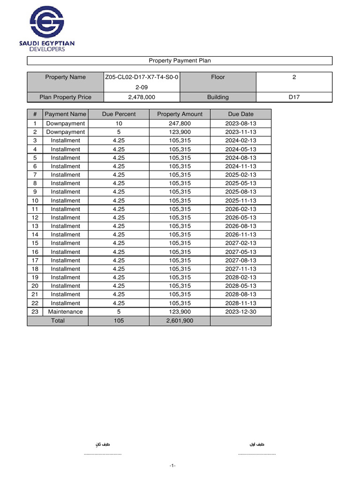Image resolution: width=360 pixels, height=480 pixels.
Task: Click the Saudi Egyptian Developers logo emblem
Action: click(x=46, y=22)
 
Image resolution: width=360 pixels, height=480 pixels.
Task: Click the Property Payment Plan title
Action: click(x=180, y=60)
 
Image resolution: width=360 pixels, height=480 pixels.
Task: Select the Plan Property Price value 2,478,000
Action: click(x=141, y=97)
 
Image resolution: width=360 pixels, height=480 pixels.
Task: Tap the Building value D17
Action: click(x=294, y=97)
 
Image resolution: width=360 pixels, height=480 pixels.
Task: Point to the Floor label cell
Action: click(x=218, y=77)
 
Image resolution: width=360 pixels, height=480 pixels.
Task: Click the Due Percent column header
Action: click(x=119, y=114)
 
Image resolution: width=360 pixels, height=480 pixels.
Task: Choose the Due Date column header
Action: click(x=240, y=114)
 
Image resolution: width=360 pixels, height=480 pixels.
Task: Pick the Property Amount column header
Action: click(x=180, y=114)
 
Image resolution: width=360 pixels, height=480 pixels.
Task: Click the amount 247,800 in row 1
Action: click(x=180, y=123)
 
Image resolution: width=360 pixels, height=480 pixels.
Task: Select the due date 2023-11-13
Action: click(x=240, y=132)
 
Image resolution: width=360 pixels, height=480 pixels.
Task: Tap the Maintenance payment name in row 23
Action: click(x=66, y=312)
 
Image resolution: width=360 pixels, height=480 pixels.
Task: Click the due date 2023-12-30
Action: click(x=240, y=312)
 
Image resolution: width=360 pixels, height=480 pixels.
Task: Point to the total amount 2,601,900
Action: click(x=180, y=321)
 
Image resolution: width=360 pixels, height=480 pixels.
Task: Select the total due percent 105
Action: click(x=119, y=321)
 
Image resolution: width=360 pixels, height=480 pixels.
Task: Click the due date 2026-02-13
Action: click(x=240, y=209)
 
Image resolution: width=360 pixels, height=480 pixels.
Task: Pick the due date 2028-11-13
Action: click(x=240, y=303)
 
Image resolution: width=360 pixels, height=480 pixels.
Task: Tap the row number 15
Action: click(x=35, y=243)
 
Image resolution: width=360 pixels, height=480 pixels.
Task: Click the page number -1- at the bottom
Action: click(x=172, y=465)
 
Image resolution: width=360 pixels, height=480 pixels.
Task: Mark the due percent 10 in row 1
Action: click(x=119, y=123)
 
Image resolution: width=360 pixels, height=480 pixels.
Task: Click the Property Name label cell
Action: click(x=65, y=77)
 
